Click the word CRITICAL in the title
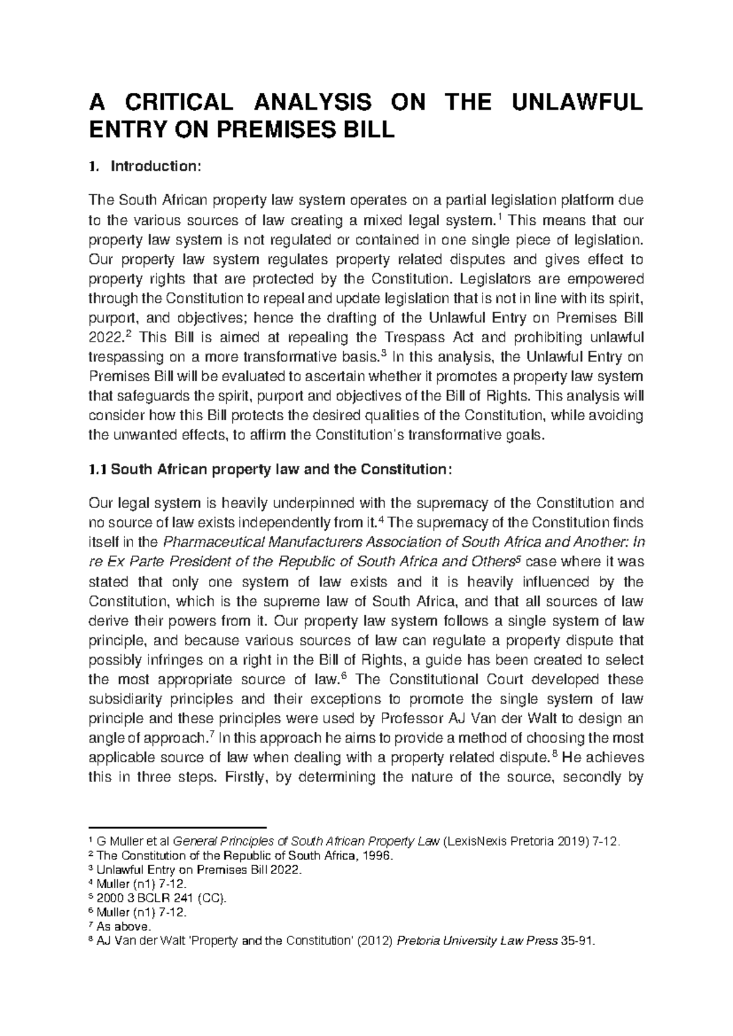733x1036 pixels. (x=177, y=102)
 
